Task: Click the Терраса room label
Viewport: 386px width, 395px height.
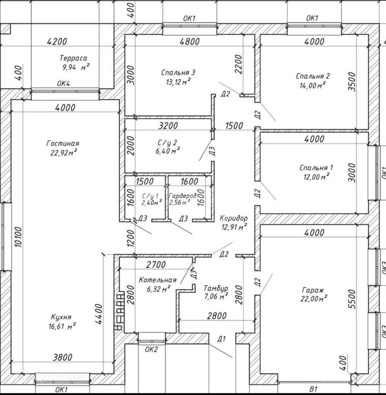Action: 73,58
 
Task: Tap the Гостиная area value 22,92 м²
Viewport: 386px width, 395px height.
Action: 64,153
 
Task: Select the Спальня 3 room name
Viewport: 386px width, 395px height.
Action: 178,73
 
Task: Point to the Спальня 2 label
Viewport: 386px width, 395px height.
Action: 313,76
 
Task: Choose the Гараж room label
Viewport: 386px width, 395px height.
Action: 313,290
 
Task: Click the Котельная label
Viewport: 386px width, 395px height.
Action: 158,280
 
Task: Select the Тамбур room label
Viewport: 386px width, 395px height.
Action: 216,288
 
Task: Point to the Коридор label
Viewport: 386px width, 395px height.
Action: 233,218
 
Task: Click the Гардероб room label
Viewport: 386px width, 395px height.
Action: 183,196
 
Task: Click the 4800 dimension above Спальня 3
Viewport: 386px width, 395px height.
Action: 190,41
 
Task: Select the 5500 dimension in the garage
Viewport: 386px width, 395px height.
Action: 352,299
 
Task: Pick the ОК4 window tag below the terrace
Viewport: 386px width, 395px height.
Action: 64,83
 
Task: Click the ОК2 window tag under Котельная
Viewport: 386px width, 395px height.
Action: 151,349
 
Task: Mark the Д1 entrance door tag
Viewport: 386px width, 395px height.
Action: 221,339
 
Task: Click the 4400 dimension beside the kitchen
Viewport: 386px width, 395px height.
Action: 98,314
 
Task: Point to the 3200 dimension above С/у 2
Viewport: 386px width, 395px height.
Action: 168,126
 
